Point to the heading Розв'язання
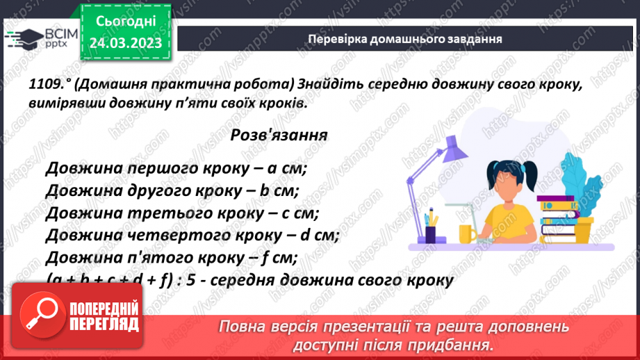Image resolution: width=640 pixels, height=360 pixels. [279, 134]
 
